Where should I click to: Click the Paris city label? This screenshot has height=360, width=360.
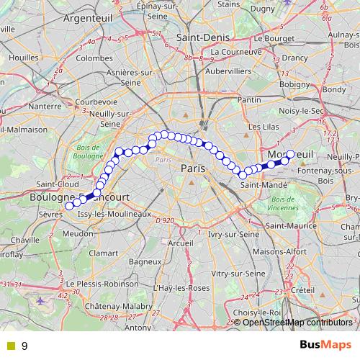point(193,168)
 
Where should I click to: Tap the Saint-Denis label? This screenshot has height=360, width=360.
point(209,37)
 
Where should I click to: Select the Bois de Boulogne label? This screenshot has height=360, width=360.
point(89,152)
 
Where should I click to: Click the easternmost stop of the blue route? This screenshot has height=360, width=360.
point(291,153)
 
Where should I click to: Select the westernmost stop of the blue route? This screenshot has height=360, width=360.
point(70,206)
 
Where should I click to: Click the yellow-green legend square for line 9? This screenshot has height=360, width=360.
point(10,346)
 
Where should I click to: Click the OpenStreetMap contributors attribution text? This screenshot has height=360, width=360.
point(294,322)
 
